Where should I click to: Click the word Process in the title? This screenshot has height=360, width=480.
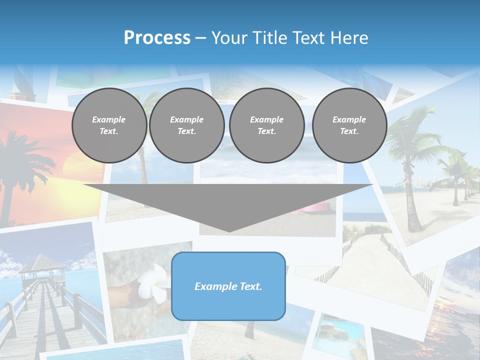(157, 38)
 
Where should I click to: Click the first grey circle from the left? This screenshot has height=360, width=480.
(109, 125)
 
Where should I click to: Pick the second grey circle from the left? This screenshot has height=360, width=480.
(187, 125)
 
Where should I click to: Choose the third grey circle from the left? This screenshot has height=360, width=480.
(267, 125)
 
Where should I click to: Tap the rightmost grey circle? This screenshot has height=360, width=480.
(349, 125)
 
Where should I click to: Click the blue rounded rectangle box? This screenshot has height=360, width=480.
(228, 286)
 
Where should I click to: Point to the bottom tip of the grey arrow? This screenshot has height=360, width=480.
(229, 230)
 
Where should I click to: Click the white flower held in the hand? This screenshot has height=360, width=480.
(153, 284)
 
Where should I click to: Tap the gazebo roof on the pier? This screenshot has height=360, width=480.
(43, 262)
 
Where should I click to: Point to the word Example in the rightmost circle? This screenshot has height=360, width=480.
(349, 119)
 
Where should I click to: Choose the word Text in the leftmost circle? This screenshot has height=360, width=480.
(109, 131)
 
